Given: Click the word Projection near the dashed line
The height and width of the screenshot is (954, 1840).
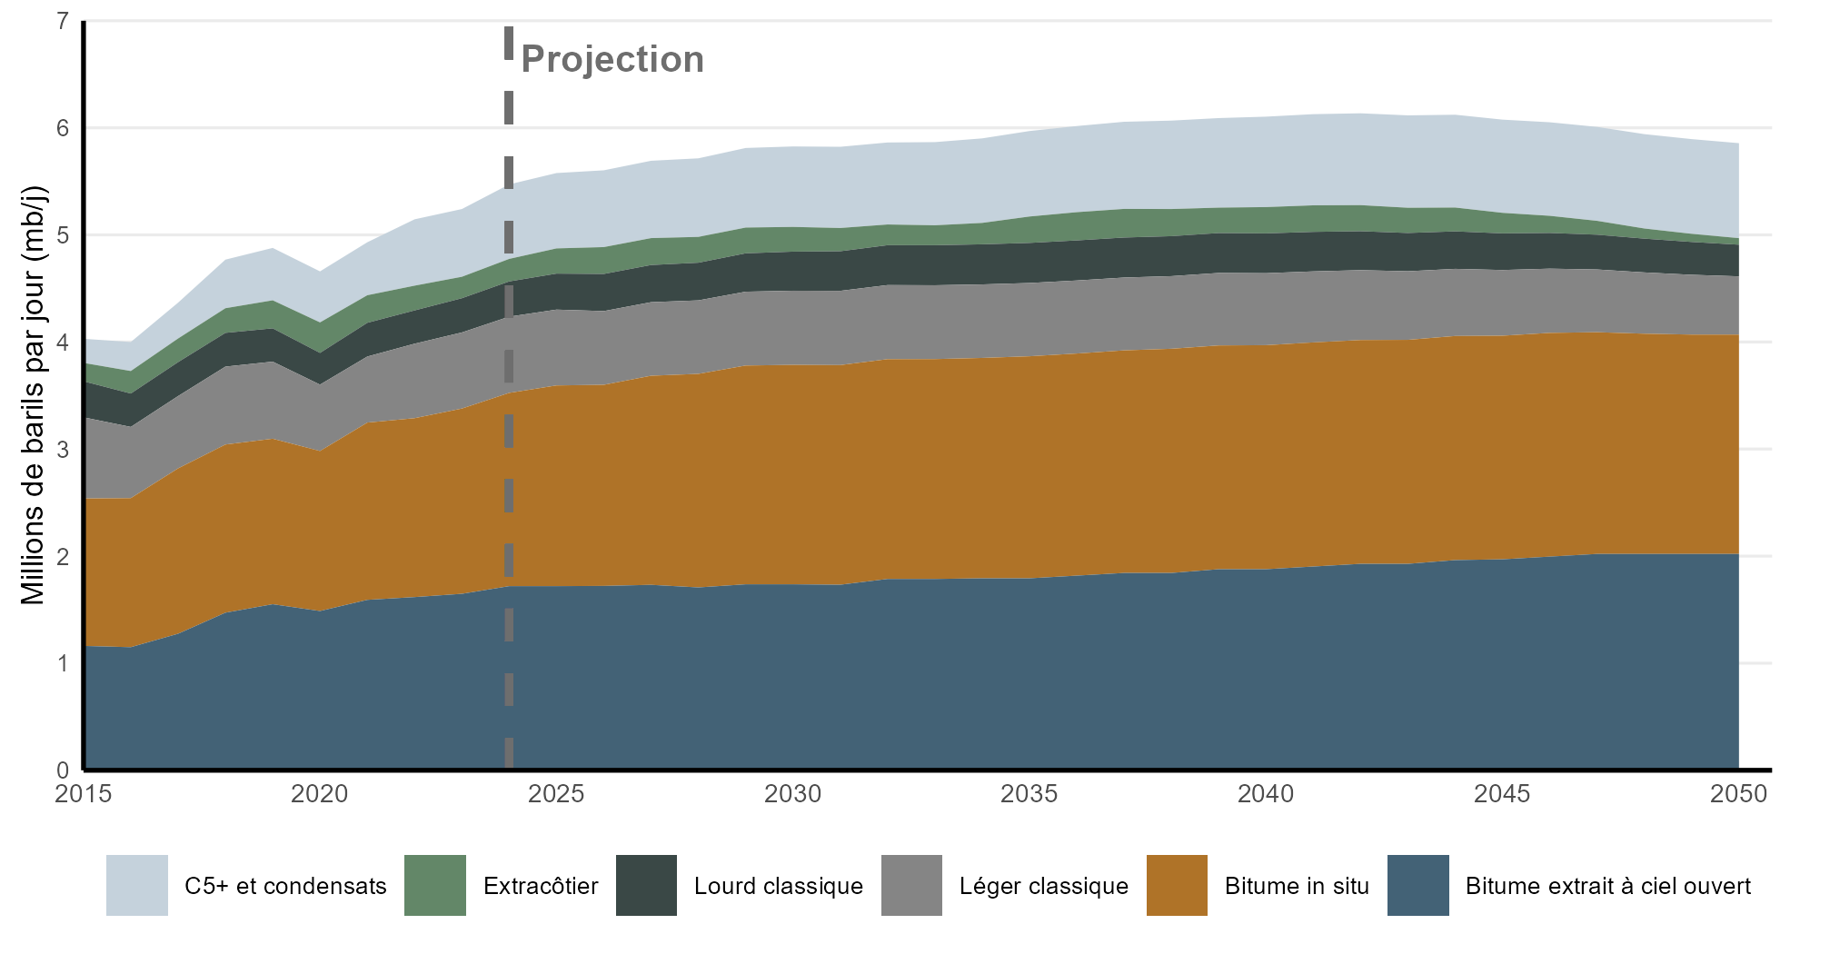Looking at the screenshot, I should [612, 59].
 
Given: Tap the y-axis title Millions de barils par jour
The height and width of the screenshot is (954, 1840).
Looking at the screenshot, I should [34, 395].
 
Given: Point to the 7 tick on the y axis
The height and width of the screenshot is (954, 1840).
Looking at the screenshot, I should [63, 21].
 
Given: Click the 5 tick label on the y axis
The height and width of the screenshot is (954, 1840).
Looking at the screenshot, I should [63, 235].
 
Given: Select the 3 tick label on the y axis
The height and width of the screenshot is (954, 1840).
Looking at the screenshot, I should [63, 450].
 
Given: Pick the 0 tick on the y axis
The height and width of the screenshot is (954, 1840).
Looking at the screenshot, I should [63, 770].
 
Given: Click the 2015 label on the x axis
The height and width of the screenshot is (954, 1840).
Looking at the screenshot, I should [84, 794].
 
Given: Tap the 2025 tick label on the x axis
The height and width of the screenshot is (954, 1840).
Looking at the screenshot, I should [556, 794].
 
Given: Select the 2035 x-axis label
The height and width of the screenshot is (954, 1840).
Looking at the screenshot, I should [1029, 794].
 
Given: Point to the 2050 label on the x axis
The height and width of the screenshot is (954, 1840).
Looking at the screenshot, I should [1738, 794].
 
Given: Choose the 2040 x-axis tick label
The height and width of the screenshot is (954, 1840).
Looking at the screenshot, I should [1266, 794].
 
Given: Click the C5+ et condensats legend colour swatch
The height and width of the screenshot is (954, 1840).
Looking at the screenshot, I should [137, 885].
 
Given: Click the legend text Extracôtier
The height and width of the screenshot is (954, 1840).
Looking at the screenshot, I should [541, 886].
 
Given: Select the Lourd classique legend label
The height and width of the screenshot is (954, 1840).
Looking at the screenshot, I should [779, 886].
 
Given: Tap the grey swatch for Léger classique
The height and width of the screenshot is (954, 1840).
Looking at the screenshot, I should [911, 885].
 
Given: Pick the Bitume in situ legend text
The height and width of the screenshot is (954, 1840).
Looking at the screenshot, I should [1297, 886].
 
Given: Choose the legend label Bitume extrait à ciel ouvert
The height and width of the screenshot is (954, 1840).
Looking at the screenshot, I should [1607, 886].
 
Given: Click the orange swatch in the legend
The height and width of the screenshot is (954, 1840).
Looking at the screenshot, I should [1177, 885].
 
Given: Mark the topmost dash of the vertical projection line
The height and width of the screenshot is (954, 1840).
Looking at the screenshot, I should [509, 43].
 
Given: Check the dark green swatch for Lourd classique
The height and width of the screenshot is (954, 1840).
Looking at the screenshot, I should [646, 885].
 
